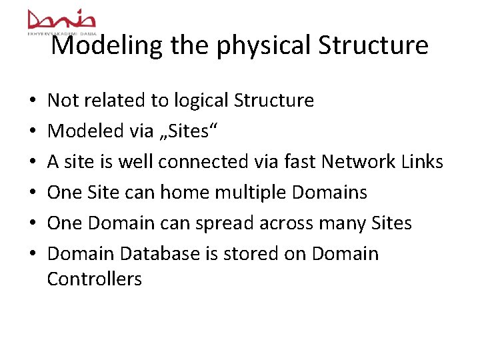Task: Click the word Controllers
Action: click(x=94, y=279)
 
